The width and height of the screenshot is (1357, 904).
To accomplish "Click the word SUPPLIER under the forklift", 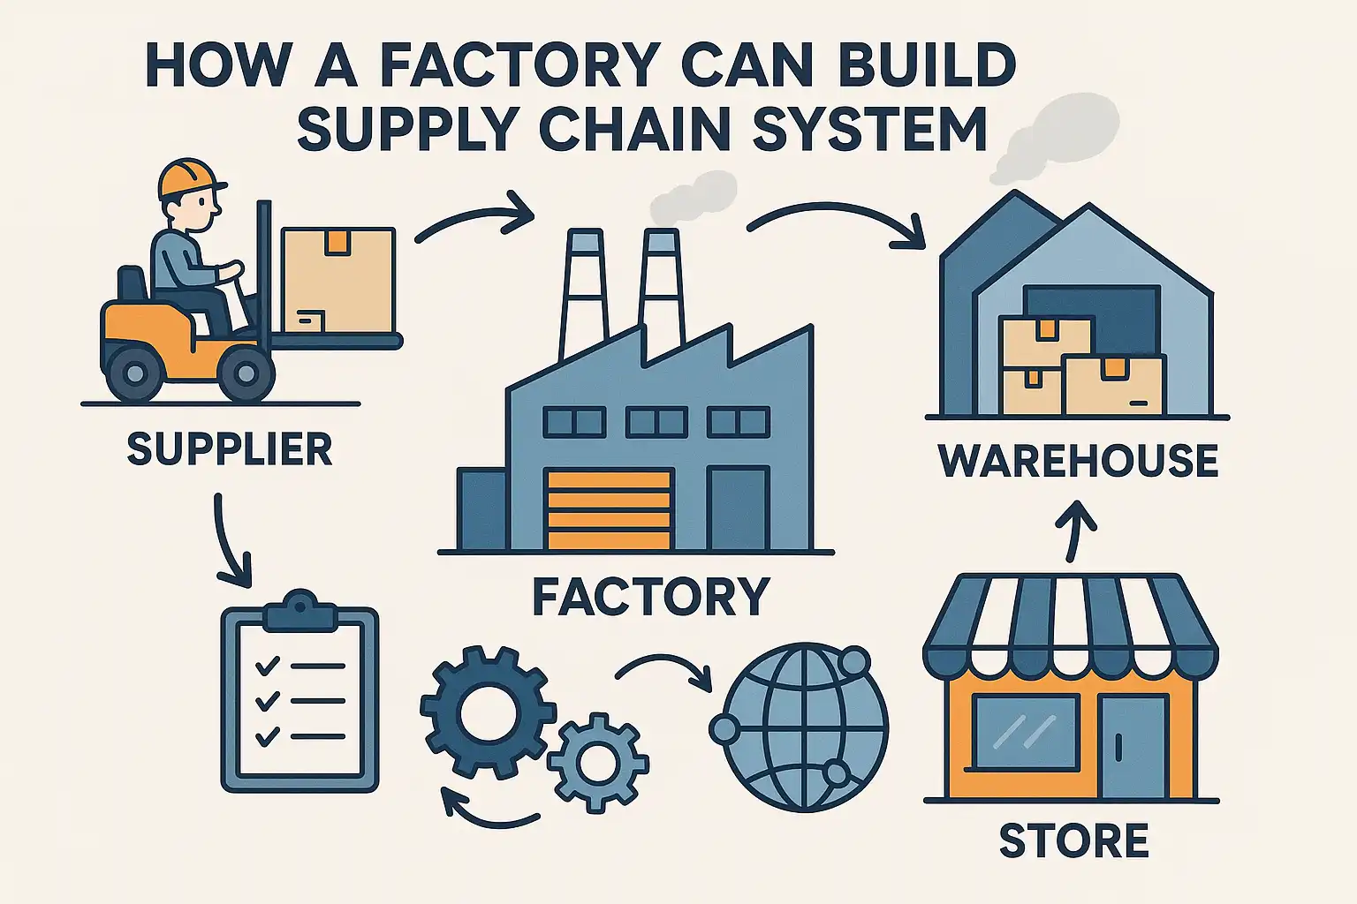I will pyautogui.click(x=229, y=449).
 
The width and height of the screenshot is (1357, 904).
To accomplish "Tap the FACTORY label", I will pyautogui.click(x=651, y=597).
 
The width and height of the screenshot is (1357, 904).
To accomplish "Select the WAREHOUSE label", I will pyautogui.click(x=1078, y=461).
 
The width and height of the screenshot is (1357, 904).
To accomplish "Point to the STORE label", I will pyautogui.click(x=1073, y=840).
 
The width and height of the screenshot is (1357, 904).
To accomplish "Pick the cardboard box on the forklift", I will pyautogui.click(x=337, y=280).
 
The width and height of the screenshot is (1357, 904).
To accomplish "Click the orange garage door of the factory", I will pyautogui.click(x=610, y=510).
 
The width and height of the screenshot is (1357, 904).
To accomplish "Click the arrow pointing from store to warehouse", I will pyautogui.click(x=1074, y=529).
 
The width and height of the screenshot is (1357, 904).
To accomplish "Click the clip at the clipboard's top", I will pyautogui.click(x=300, y=610).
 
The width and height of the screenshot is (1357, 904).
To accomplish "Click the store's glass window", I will pyautogui.click(x=1026, y=732).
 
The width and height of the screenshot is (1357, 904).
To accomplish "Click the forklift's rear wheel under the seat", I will pyautogui.click(x=135, y=372).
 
